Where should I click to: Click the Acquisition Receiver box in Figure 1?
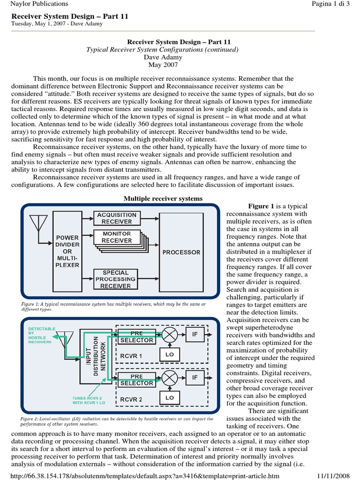point(116,217)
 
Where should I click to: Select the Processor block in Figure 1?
point(181,252)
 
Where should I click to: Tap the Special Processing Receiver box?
point(116,279)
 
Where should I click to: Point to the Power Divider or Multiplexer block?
point(67,251)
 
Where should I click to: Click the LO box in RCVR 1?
point(170,355)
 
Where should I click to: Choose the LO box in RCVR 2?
point(170,397)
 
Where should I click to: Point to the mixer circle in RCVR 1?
point(170,335)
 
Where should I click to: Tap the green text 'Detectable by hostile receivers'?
point(42,336)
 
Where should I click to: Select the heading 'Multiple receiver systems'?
point(163,199)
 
